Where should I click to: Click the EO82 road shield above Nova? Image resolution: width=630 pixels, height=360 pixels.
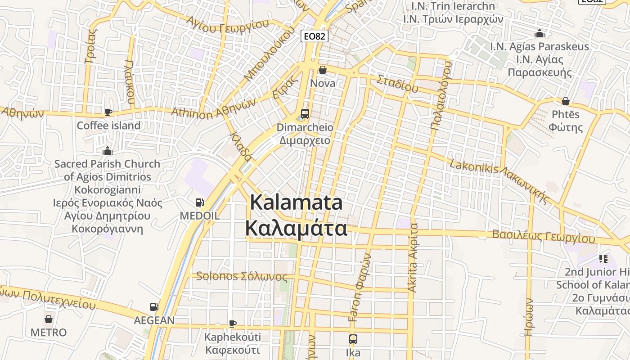pyautogui.click(x=314, y=36)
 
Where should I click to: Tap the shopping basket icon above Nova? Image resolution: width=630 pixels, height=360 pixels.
pyautogui.click(x=323, y=70)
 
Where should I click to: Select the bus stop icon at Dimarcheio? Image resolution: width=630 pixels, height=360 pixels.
pyautogui.click(x=305, y=113)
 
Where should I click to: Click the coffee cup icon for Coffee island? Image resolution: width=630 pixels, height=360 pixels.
pyautogui.click(x=108, y=112)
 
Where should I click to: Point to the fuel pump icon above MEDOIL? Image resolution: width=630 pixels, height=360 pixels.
pyautogui.click(x=199, y=203)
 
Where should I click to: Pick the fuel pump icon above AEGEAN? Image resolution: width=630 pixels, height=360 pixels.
pyautogui.click(x=154, y=307)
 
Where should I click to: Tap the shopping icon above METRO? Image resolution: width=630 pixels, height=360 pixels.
pyautogui.click(x=49, y=319)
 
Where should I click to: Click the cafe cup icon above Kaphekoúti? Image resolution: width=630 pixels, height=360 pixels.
pyautogui.click(x=233, y=324)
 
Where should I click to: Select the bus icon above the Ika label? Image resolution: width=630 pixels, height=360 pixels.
pyautogui.click(x=353, y=339)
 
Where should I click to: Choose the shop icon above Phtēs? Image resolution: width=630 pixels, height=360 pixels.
pyautogui.click(x=566, y=101)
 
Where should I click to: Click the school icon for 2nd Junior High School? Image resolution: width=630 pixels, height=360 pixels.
pyautogui.click(x=603, y=259)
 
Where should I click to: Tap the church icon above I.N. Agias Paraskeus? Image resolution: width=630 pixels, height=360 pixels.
pyautogui.click(x=539, y=33)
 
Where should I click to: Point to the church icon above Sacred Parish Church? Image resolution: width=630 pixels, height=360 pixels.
pyautogui.click(x=107, y=150)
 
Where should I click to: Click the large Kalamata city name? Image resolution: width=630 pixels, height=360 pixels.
pyautogui.click(x=296, y=215)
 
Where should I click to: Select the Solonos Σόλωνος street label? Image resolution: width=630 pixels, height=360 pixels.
pyautogui.click(x=242, y=276)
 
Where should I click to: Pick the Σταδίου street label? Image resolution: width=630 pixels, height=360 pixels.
pyautogui.click(x=397, y=84)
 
